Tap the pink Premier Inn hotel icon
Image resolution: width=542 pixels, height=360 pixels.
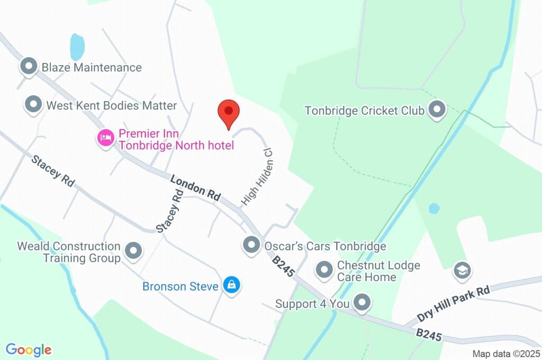pyautogui.click(x=105, y=139)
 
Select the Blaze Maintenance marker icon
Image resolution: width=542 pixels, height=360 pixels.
pyautogui.click(x=28, y=67)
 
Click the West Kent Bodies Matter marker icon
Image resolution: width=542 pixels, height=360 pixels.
pyautogui.click(x=34, y=105)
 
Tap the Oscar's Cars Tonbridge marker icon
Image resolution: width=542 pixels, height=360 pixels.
pyautogui.click(x=251, y=245)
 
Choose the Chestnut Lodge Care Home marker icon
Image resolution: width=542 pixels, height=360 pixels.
pyautogui.click(x=323, y=271)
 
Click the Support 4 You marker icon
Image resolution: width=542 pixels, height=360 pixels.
pyautogui.click(x=362, y=303)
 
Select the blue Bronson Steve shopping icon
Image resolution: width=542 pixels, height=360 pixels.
pyautogui.click(x=231, y=286)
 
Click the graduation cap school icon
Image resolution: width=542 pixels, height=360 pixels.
pyautogui.click(x=462, y=271)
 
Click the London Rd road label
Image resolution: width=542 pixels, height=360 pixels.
pyautogui.click(x=195, y=187)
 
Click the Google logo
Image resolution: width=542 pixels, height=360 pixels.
pyautogui.click(x=29, y=350)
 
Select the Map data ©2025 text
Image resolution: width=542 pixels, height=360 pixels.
pyautogui.click(x=507, y=354)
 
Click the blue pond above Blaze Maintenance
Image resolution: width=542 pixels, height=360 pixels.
pyautogui.click(x=77, y=47)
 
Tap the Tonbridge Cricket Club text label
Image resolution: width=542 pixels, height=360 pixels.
pyautogui.click(x=365, y=111)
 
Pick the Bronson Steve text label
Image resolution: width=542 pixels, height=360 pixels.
pyautogui.click(x=180, y=286)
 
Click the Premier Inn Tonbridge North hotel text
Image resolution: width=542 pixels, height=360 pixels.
pyautogui.click(x=176, y=139)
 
